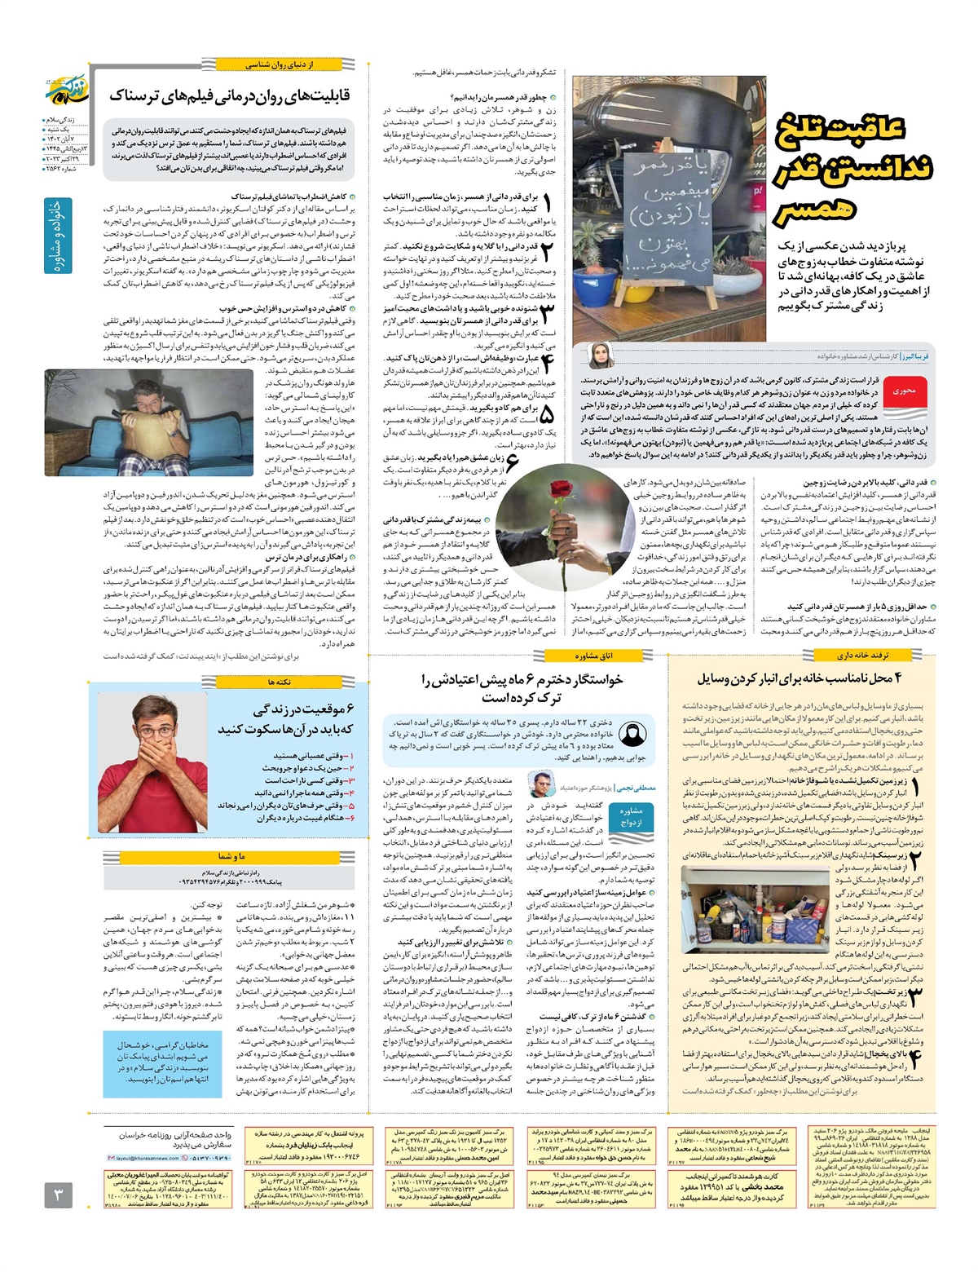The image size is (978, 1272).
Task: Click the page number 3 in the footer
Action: tap(58, 1195)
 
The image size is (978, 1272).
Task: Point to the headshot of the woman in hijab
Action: tap(601, 356)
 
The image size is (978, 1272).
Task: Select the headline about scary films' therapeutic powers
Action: tap(230, 95)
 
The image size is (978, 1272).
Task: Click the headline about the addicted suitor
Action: tap(522, 688)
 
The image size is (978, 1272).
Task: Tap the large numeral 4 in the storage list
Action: tap(916, 1058)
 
